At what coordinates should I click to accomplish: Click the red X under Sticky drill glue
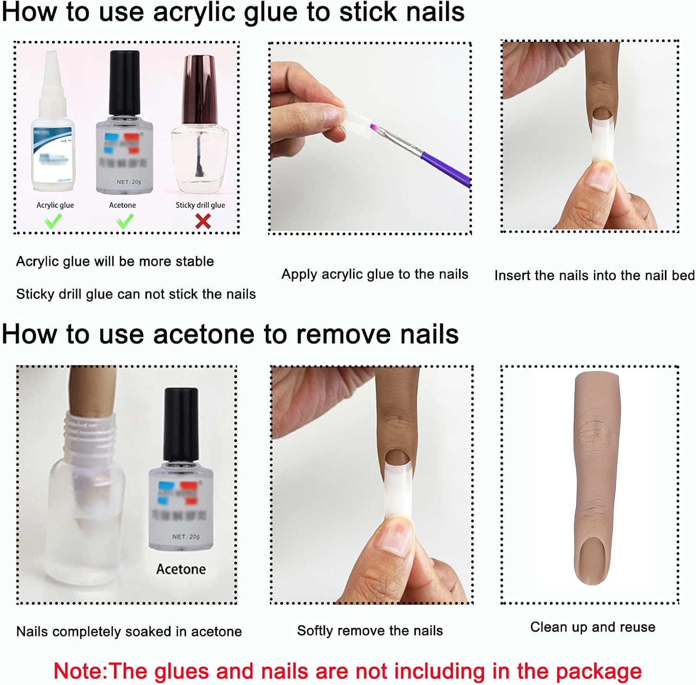click(203, 221)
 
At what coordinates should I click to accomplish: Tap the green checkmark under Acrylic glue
click(53, 221)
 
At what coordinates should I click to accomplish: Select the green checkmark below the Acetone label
click(124, 221)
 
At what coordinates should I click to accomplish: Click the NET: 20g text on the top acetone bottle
click(129, 182)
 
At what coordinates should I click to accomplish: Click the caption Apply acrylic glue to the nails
click(374, 274)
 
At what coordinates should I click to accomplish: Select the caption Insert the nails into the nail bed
click(594, 276)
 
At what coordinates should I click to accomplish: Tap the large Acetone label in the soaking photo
click(181, 569)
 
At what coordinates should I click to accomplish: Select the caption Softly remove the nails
click(370, 631)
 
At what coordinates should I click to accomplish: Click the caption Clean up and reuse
click(593, 627)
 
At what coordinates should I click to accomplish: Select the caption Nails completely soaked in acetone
click(129, 632)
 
